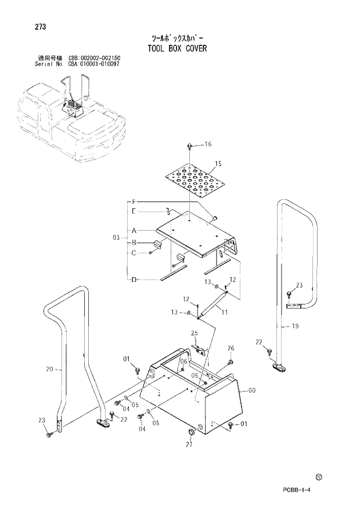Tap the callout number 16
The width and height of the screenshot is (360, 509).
(x=208, y=144)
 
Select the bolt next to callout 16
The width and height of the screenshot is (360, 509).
(x=191, y=145)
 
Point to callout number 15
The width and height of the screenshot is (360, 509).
(x=218, y=163)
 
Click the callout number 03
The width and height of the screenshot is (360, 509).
(x=116, y=237)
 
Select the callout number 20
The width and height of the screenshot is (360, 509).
(x=49, y=368)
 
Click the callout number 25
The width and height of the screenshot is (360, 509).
(x=195, y=333)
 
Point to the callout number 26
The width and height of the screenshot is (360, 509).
(x=231, y=349)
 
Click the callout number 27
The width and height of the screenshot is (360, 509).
(x=189, y=445)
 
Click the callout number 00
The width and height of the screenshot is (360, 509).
(x=251, y=390)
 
